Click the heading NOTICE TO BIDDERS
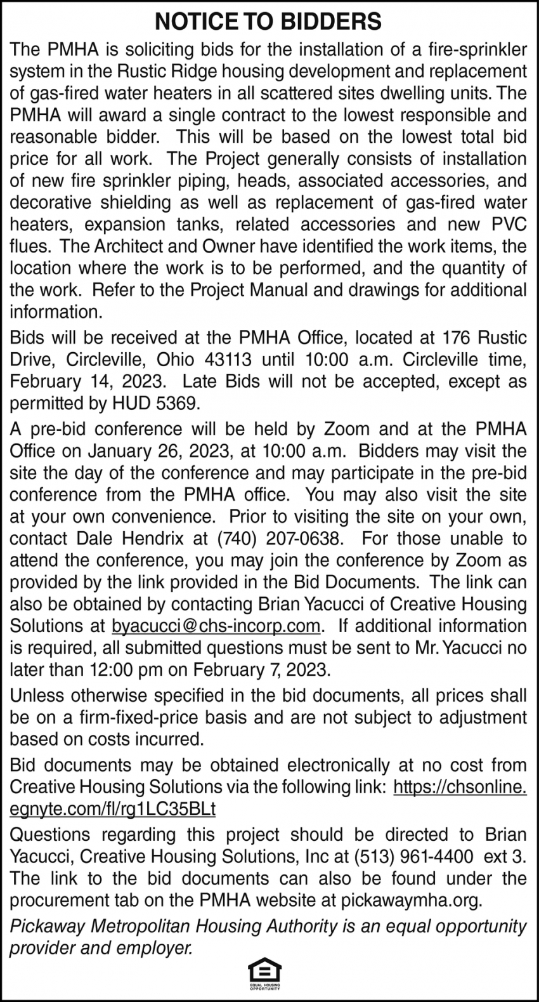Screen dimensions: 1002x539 click(269, 23)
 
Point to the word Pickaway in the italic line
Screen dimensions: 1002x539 click(42, 926)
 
